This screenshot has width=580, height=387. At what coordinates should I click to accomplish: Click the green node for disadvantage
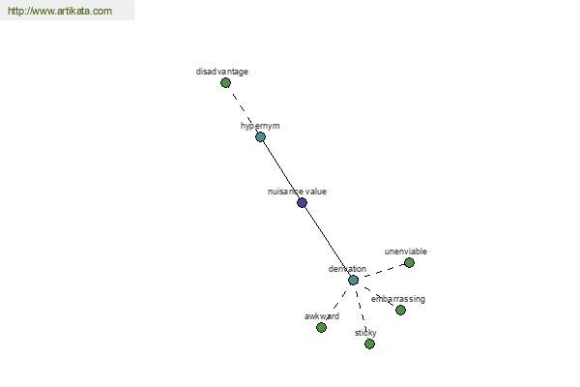point(225,82)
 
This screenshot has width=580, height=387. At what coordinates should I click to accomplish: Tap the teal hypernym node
point(260,137)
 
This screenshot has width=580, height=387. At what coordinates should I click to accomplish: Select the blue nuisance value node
point(303,202)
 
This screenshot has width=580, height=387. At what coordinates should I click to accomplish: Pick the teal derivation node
point(353,280)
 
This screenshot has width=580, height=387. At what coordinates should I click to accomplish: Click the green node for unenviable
point(409,262)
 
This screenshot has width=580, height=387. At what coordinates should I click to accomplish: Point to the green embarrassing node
point(400,310)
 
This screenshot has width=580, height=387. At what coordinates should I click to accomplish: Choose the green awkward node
point(322,327)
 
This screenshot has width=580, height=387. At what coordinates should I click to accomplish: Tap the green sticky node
point(369,344)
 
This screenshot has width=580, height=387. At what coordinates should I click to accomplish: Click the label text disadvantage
point(222,72)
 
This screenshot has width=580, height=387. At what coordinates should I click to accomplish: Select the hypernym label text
point(260,126)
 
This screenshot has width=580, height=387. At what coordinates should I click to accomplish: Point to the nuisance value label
point(297,192)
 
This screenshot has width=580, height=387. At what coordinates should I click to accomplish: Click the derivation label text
point(347,269)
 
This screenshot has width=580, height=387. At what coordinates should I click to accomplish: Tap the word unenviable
point(406,252)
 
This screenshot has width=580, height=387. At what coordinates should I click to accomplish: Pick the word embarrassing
point(398,299)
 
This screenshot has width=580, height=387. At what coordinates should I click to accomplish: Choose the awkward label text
point(322,316)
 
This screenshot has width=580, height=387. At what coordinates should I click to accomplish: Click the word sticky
point(365,333)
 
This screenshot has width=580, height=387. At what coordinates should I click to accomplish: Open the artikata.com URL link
point(60,11)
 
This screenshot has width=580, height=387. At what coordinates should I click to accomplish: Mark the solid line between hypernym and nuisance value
point(281,169)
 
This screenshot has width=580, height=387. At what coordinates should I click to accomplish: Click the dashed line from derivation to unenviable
point(382,271)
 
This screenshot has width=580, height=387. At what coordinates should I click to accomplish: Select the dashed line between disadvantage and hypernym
point(243,110)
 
